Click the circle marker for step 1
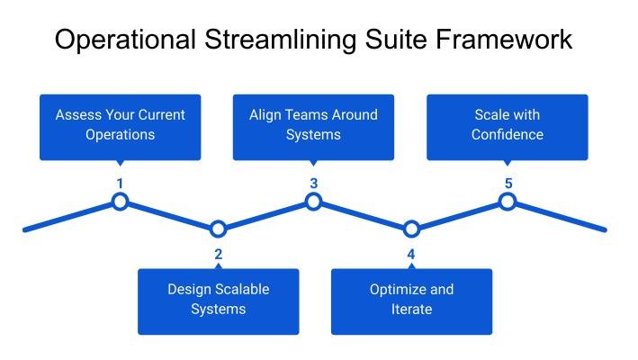pos(120,202)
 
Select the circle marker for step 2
pos(218,229)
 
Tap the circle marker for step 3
pos(313,202)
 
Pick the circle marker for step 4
pos(411,229)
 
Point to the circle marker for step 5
pos(508,202)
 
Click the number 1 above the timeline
pos(120,184)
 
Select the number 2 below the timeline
pos(218,254)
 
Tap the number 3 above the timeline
pos(313,184)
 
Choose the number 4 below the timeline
pos(411,254)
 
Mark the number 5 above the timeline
pos(508,184)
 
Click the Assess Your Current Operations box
pos(120,126)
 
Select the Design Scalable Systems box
pos(218,301)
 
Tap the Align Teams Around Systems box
pos(313,126)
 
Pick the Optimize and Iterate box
pos(411,301)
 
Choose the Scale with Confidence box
pos(508,126)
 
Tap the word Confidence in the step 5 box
pos(508,135)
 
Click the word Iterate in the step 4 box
pos(411,310)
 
